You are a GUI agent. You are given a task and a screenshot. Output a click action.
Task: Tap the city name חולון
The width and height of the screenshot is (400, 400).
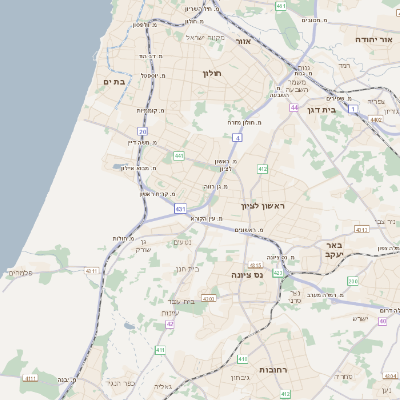[211, 73]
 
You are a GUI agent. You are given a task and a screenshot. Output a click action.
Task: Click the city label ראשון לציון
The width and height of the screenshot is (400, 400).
[264, 206]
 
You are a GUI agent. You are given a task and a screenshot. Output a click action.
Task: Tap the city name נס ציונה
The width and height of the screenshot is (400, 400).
[244, 273]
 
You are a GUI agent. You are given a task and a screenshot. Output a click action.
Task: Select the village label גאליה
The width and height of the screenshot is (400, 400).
[164, 385]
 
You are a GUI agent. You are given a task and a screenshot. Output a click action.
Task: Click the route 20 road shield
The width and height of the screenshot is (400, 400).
[143, 131]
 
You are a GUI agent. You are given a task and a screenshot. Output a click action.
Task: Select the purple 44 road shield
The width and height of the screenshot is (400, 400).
[295, 106]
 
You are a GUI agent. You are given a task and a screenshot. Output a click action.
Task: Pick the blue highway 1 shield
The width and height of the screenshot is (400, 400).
[352, 108]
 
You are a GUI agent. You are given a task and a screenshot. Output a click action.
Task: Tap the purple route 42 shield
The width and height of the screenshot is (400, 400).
[171, 323]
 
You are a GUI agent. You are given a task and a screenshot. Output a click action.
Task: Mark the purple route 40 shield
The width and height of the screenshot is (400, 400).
[382, 321]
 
